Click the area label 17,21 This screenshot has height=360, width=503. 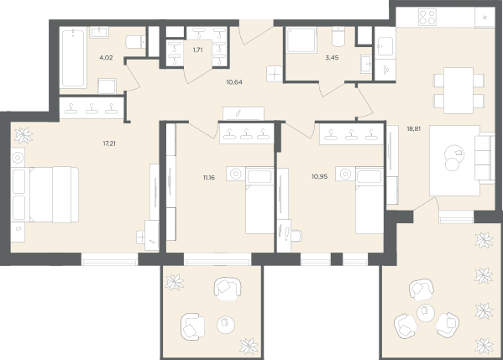click(109, 143)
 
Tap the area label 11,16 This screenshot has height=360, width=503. click(209, 178)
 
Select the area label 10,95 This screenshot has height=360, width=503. click(319, 176)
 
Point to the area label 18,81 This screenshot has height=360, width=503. click(413, 129)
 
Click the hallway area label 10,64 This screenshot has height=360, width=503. click(234, 82)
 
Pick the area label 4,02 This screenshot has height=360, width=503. click(106, 58)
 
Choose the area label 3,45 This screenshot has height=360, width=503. click(332, 58)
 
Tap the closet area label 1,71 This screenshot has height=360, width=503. click(198, 50)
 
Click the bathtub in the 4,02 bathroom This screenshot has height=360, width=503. click(73, 58)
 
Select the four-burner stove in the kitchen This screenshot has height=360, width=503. click(427, 17)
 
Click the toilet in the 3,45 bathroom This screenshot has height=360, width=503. click(338, 37)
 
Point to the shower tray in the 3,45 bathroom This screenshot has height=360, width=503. click(301, 40)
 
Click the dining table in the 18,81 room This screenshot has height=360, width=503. click(458, 91)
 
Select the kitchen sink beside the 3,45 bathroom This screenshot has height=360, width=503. click(385, 46)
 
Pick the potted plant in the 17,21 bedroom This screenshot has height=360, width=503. click(24, 135)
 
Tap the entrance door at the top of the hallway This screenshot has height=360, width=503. click(256, 32)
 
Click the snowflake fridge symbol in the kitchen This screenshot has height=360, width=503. click(485, 18)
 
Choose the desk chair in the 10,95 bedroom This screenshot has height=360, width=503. click(296, 236)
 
